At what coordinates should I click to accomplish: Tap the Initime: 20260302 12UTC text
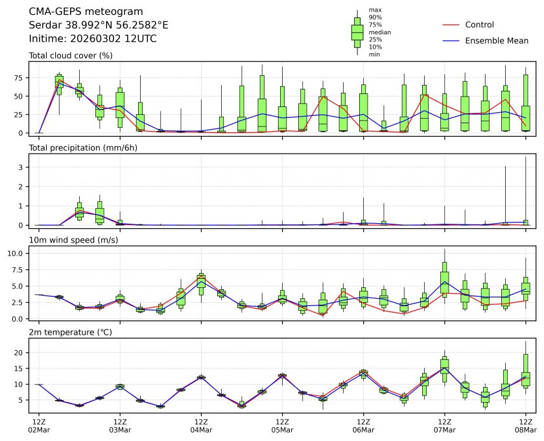pos(93,39)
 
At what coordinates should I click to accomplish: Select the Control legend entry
pos(479,25)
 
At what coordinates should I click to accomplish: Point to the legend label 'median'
pos(379,32)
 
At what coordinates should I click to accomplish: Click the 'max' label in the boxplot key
pos(374,10)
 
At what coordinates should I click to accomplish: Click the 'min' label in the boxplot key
pos(374,54)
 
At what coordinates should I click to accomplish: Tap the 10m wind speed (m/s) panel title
pos(73,241)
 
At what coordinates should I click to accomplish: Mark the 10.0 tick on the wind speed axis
pos(17,253)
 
